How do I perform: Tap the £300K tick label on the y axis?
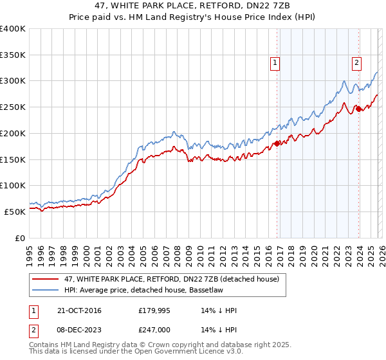[14, 81]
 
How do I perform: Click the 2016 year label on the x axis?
[268, 253]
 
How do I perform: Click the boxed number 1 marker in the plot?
[275, 62]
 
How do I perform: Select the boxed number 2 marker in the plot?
[356, 62]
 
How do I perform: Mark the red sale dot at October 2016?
[277, 143]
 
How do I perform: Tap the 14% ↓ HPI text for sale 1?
[219, 310]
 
